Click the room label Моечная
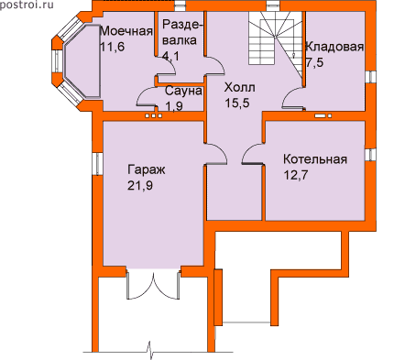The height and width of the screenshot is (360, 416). point(126,31)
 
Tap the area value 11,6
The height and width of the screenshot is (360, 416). point(112,47)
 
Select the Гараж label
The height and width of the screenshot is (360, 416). point(147,169)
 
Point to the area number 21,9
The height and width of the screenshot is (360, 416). point(140,185)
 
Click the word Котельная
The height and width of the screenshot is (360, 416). point(315,159)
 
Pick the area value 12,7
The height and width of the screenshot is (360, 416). point(296,175)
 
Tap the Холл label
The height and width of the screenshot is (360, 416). point(239,88)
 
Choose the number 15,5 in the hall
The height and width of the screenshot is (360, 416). point(237,104)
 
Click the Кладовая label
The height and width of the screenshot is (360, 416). point(334,47)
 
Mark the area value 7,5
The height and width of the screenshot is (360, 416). point(314,62)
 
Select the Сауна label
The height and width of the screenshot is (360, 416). point(183,91)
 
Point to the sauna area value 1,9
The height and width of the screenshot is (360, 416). point(174,106)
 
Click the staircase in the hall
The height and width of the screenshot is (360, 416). point(275,43)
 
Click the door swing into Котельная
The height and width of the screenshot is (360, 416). point(252,154)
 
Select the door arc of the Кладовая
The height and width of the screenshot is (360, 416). point(292,97)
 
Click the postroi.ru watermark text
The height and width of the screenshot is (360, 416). point(27,5)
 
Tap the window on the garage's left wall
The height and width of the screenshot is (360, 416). point(98,164)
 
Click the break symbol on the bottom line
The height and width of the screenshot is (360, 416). point(150,351)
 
